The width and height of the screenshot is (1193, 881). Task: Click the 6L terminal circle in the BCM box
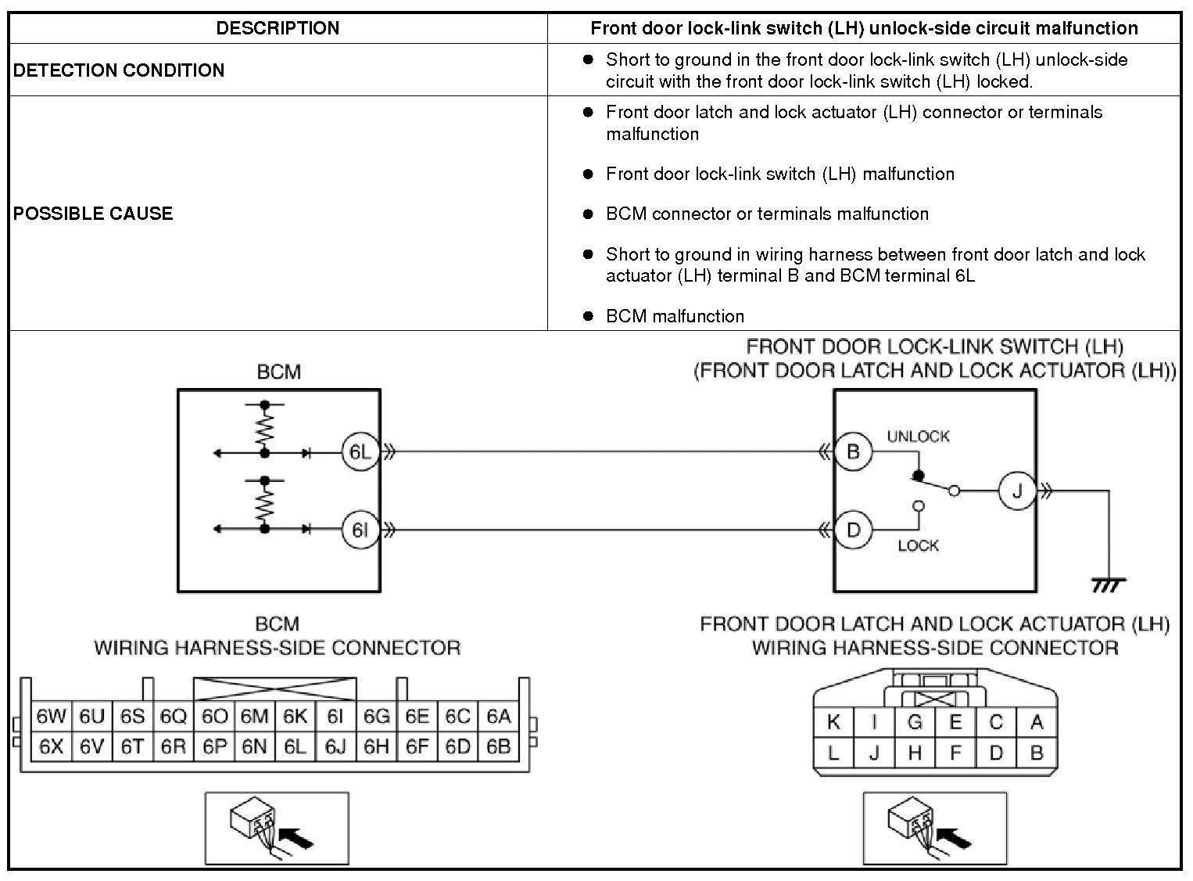(x=360, y=452)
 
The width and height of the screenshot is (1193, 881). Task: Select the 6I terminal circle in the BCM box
(x=360, y=530)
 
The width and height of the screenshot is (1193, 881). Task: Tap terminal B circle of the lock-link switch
(x=853, y=452)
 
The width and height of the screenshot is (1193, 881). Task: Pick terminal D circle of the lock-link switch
(x=853, y=530)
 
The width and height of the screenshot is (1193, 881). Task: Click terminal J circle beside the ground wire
(x=1017, y=491)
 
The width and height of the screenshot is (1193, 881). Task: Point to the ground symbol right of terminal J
(x=1109, y=584)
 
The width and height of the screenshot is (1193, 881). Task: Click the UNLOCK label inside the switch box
(x=918, y=437)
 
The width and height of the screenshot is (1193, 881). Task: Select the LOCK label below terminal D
(x=918, y=545)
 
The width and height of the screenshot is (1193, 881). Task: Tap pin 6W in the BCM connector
(x=51, y=717)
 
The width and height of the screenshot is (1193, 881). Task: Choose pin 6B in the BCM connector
(x=498, y=747)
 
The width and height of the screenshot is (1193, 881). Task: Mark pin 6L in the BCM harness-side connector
(x=295, y=747)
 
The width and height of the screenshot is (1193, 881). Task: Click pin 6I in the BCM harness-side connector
(x=335, y=717)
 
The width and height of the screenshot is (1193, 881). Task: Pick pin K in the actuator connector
(x=833, y=722)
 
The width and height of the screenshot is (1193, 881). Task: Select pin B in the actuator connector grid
(x=1037, y=753)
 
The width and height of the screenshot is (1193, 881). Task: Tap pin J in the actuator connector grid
(x=874, y=753)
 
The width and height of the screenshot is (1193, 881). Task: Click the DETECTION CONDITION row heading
(x=119, y=70)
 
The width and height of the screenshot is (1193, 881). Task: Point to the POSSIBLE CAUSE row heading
(x=93, y=214)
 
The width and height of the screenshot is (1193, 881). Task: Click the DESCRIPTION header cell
(x=278, y=28)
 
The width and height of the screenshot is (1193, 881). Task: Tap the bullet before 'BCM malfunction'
(x=588, y=316)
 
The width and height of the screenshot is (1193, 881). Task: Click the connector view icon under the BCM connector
(x=277, y=828)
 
